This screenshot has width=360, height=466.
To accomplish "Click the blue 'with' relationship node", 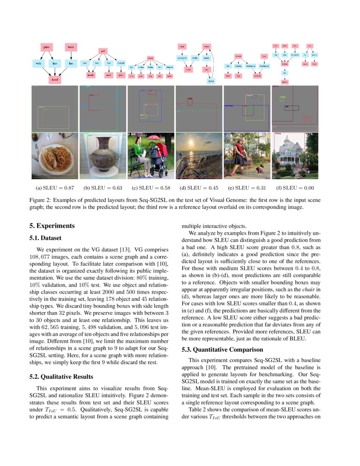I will coord(38,64).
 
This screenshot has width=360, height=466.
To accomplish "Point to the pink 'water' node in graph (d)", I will coord(207,46).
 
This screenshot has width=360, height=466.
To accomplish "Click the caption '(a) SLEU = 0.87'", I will coord(55,188).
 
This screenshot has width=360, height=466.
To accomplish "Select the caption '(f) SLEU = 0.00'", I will coord(295,188).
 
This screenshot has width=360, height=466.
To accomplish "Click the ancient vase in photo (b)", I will coord(103,155).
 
